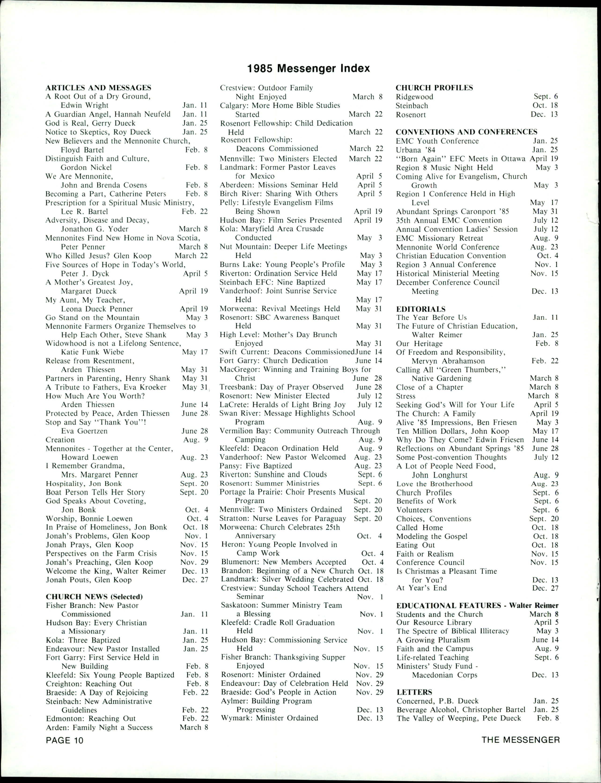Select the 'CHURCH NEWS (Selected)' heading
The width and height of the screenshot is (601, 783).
(x=94, y=596)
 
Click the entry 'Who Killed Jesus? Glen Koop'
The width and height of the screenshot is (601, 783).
(x=98, y=256)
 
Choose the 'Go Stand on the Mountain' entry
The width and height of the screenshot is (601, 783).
(x=92, y=318)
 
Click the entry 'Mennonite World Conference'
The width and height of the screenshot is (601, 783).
(x=447, y=247)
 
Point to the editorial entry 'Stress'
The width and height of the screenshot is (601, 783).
(x=406, y=396)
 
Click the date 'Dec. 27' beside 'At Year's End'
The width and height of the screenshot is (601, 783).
(x=545, y=588)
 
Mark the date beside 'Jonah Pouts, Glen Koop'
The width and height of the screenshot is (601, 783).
(x=195, y=580)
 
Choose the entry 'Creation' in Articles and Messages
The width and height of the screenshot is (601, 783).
(x=60, y=440)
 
